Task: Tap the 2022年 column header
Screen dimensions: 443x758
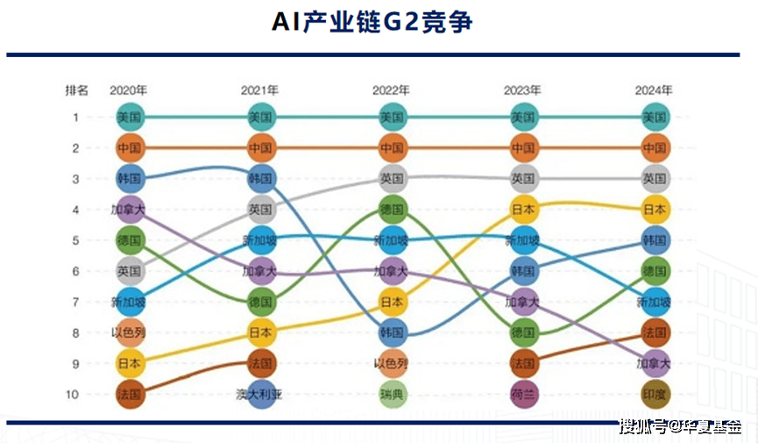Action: tap(391, 89)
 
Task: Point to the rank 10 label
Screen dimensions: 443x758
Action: tap(75, 394)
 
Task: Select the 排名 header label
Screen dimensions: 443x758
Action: tap(76, 89)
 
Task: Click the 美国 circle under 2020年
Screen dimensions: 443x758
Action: tap(129, 117)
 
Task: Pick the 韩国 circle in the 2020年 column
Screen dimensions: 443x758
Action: tap(129, 178)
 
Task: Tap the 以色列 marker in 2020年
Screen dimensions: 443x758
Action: tap(129, 332)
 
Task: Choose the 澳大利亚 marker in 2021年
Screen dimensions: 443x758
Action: tap(261, 394)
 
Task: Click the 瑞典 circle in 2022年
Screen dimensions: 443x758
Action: tap(392, 394)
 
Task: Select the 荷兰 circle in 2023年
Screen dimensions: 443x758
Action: tap(523, 394)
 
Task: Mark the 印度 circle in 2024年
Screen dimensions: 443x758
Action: tap(655, 394)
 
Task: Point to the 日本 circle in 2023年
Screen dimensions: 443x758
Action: tap(523, 210)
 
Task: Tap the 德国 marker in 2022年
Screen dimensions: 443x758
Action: tap(392, 210)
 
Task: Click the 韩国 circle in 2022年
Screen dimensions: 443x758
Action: tap(392, 332)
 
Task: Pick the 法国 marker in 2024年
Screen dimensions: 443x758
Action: tap(655, 332)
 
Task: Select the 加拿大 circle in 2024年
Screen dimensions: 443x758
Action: tap(655, 363)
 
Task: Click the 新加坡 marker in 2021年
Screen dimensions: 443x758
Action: tap(261, 240)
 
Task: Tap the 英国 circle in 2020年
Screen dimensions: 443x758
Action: tap(129, 271)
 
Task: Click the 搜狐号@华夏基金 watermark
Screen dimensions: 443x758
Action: tap(679, 427)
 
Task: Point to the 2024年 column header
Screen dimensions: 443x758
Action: tap(654, 89)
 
